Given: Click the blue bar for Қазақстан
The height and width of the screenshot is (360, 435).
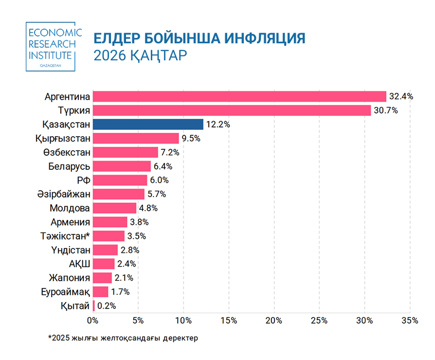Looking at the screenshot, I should pyautogui.click(x=148, y=124).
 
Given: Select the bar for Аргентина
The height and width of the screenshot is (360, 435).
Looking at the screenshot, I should pyautogui.click(x=239, y=96).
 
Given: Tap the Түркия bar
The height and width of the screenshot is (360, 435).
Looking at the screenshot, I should pyautogui.click(x=232, y=110).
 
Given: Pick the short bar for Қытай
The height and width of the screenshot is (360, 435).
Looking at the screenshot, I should pyautogui.click(x=93, y=306).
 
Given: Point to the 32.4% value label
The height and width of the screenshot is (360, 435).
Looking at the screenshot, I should pyautogui.click(x=401, y=96).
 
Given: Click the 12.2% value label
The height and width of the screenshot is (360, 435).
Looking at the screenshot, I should pyautogui.click(x=218, y=124).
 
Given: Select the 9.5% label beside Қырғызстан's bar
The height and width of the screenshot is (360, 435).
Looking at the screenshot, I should pyautogui.click(x=191, y=138).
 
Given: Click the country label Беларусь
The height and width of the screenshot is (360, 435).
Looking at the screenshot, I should pyautogui.click(x=69, y=166).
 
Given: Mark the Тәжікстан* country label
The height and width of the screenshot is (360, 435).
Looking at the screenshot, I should pyautogui.click(x=65, y=236).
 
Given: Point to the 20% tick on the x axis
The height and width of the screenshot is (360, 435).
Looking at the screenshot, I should pyautogui.click(x=274, y=320).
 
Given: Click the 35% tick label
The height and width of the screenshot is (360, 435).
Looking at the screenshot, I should pyautogui.click(x=410, y=320).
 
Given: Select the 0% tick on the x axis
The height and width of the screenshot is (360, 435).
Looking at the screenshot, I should pyautogui.click(x=92, y=320).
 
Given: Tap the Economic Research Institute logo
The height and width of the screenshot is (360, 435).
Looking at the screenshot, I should pyautogui.click(x=51, y=46).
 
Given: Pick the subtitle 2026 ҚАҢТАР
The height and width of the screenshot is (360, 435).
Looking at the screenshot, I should pyautogui.click(x=140, y=55).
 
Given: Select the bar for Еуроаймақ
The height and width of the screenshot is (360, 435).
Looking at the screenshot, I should pyautogui.click(x=100, y=292).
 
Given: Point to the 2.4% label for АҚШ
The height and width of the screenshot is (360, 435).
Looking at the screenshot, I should pyautogui.click(x=126, y=264).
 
